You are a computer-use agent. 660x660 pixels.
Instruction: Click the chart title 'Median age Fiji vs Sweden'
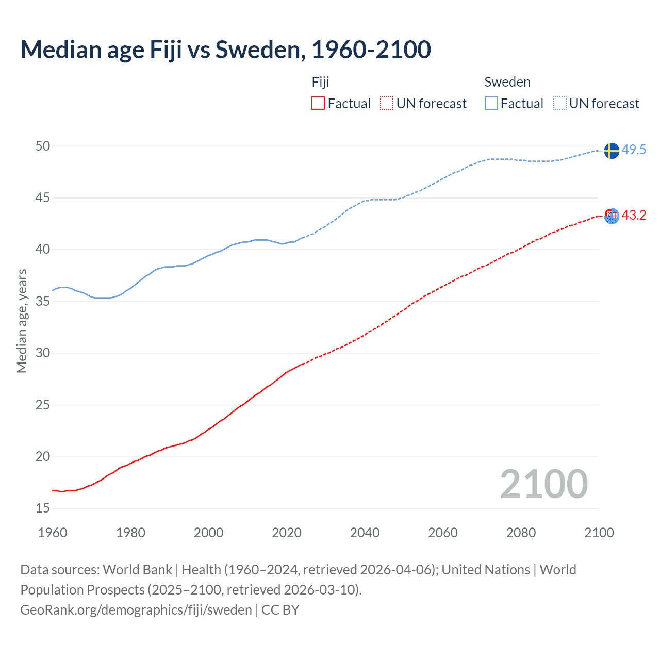pyautogui.click(x=225, y=49)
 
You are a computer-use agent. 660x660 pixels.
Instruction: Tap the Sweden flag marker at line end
pyautogui.click(x=611, y=151)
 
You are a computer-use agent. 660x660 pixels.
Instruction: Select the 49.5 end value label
pyautogui.click(x=634, y=150)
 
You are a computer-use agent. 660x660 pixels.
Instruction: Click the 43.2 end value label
pyautogui.click(x=634, y=215)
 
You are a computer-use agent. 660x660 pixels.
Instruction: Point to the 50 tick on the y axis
pyautogui.click(x=43, y=146)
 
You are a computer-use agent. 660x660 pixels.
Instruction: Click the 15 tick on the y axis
pyautogui.click(x=43, y=508)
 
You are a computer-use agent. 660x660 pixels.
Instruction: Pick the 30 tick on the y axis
pyautogui.click(x=43, y=353)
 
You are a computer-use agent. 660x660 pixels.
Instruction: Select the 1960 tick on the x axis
pyautogui.click(x=53, y=533)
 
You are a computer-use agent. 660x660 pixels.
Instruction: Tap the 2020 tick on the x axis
pyautogui.click(x=287, y=533)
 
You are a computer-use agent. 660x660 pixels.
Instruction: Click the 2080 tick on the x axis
pyautogui.click(x=521, y=533)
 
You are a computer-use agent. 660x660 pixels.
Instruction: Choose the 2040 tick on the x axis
pyautogui.click(x=365, y=533)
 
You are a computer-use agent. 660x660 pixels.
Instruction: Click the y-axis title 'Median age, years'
pyautogui.click(x=22, y=321)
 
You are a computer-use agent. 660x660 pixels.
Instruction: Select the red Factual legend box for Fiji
pyautogui.click(x=318, y=104)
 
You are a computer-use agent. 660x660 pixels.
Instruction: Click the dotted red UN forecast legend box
pyautogui.click(x=387, y=104)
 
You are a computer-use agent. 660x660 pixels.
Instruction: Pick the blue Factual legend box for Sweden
pyautogui.click(x=491, y=104)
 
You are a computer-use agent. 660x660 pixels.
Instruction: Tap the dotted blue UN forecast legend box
pyautogui.click(x=559, y=104)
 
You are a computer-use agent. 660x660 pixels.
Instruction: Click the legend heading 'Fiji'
pyautogui.click(x=320, y=82)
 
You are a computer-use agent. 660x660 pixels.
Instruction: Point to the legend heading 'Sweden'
pyautogui.click(x=507, y=82)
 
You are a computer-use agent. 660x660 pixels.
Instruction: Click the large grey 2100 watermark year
pyautogui.click(x=543, y=484)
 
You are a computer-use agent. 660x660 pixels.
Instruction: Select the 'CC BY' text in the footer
pyautogui.click(x=280, y=609)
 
